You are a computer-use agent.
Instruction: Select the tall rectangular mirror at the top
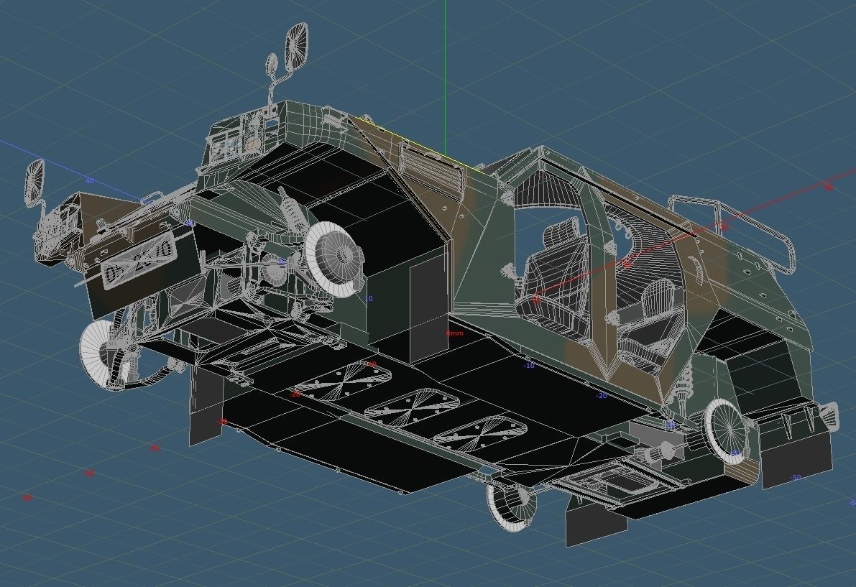[x=296, y=47]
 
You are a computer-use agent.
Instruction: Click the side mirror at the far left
[x=34, y=183]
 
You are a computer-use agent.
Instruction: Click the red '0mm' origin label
[x=454, y=333]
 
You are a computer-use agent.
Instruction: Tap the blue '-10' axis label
[x=529, y=366]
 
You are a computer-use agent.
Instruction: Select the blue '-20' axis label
[x=602, y=396]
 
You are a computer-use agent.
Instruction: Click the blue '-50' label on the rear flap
[x=795, y=478]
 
